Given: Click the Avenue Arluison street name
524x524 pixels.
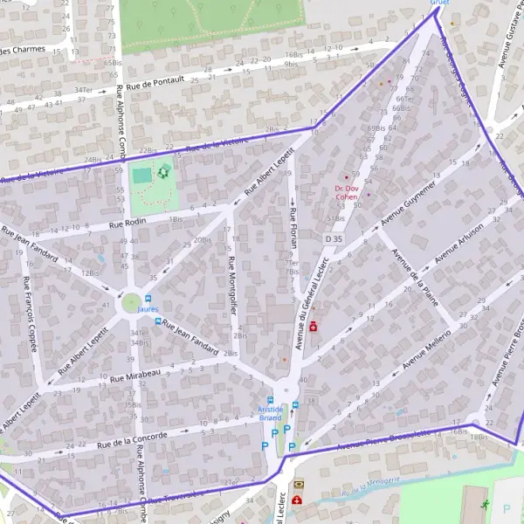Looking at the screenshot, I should coord(459,242).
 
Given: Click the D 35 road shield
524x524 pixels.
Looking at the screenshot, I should coord(334,238).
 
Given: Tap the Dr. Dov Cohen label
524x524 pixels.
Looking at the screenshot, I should coord(347,193).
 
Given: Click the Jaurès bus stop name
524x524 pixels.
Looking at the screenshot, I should coord(147,309).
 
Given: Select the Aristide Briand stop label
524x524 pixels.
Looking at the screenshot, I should coord(271,413).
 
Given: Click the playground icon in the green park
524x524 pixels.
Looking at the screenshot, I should coord(162,172).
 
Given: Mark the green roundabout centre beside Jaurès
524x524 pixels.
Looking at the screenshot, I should coord(131,302).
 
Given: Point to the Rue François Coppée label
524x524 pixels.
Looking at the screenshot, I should coord(31,314).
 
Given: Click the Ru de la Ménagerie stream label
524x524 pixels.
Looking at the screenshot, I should coord(370,486).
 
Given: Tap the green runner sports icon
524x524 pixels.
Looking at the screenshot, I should coord(486,505).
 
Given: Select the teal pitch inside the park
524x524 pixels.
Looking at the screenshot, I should coord(141,176).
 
